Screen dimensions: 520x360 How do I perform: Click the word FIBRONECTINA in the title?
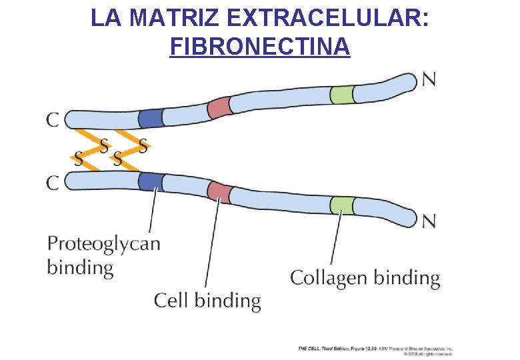260,47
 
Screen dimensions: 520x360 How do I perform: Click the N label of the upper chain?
429,80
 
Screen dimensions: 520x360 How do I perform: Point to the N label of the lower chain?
429,220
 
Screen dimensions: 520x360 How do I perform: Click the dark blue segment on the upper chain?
150,118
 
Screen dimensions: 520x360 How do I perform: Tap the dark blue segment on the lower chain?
151,181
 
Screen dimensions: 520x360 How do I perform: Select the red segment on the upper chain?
219,107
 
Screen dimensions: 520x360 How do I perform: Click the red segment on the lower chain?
219,191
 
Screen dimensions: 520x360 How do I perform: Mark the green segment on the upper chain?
342,95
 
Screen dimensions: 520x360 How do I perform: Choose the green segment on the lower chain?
342,205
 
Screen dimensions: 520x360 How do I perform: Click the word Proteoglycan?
103,244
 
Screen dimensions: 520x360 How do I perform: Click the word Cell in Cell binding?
171,300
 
